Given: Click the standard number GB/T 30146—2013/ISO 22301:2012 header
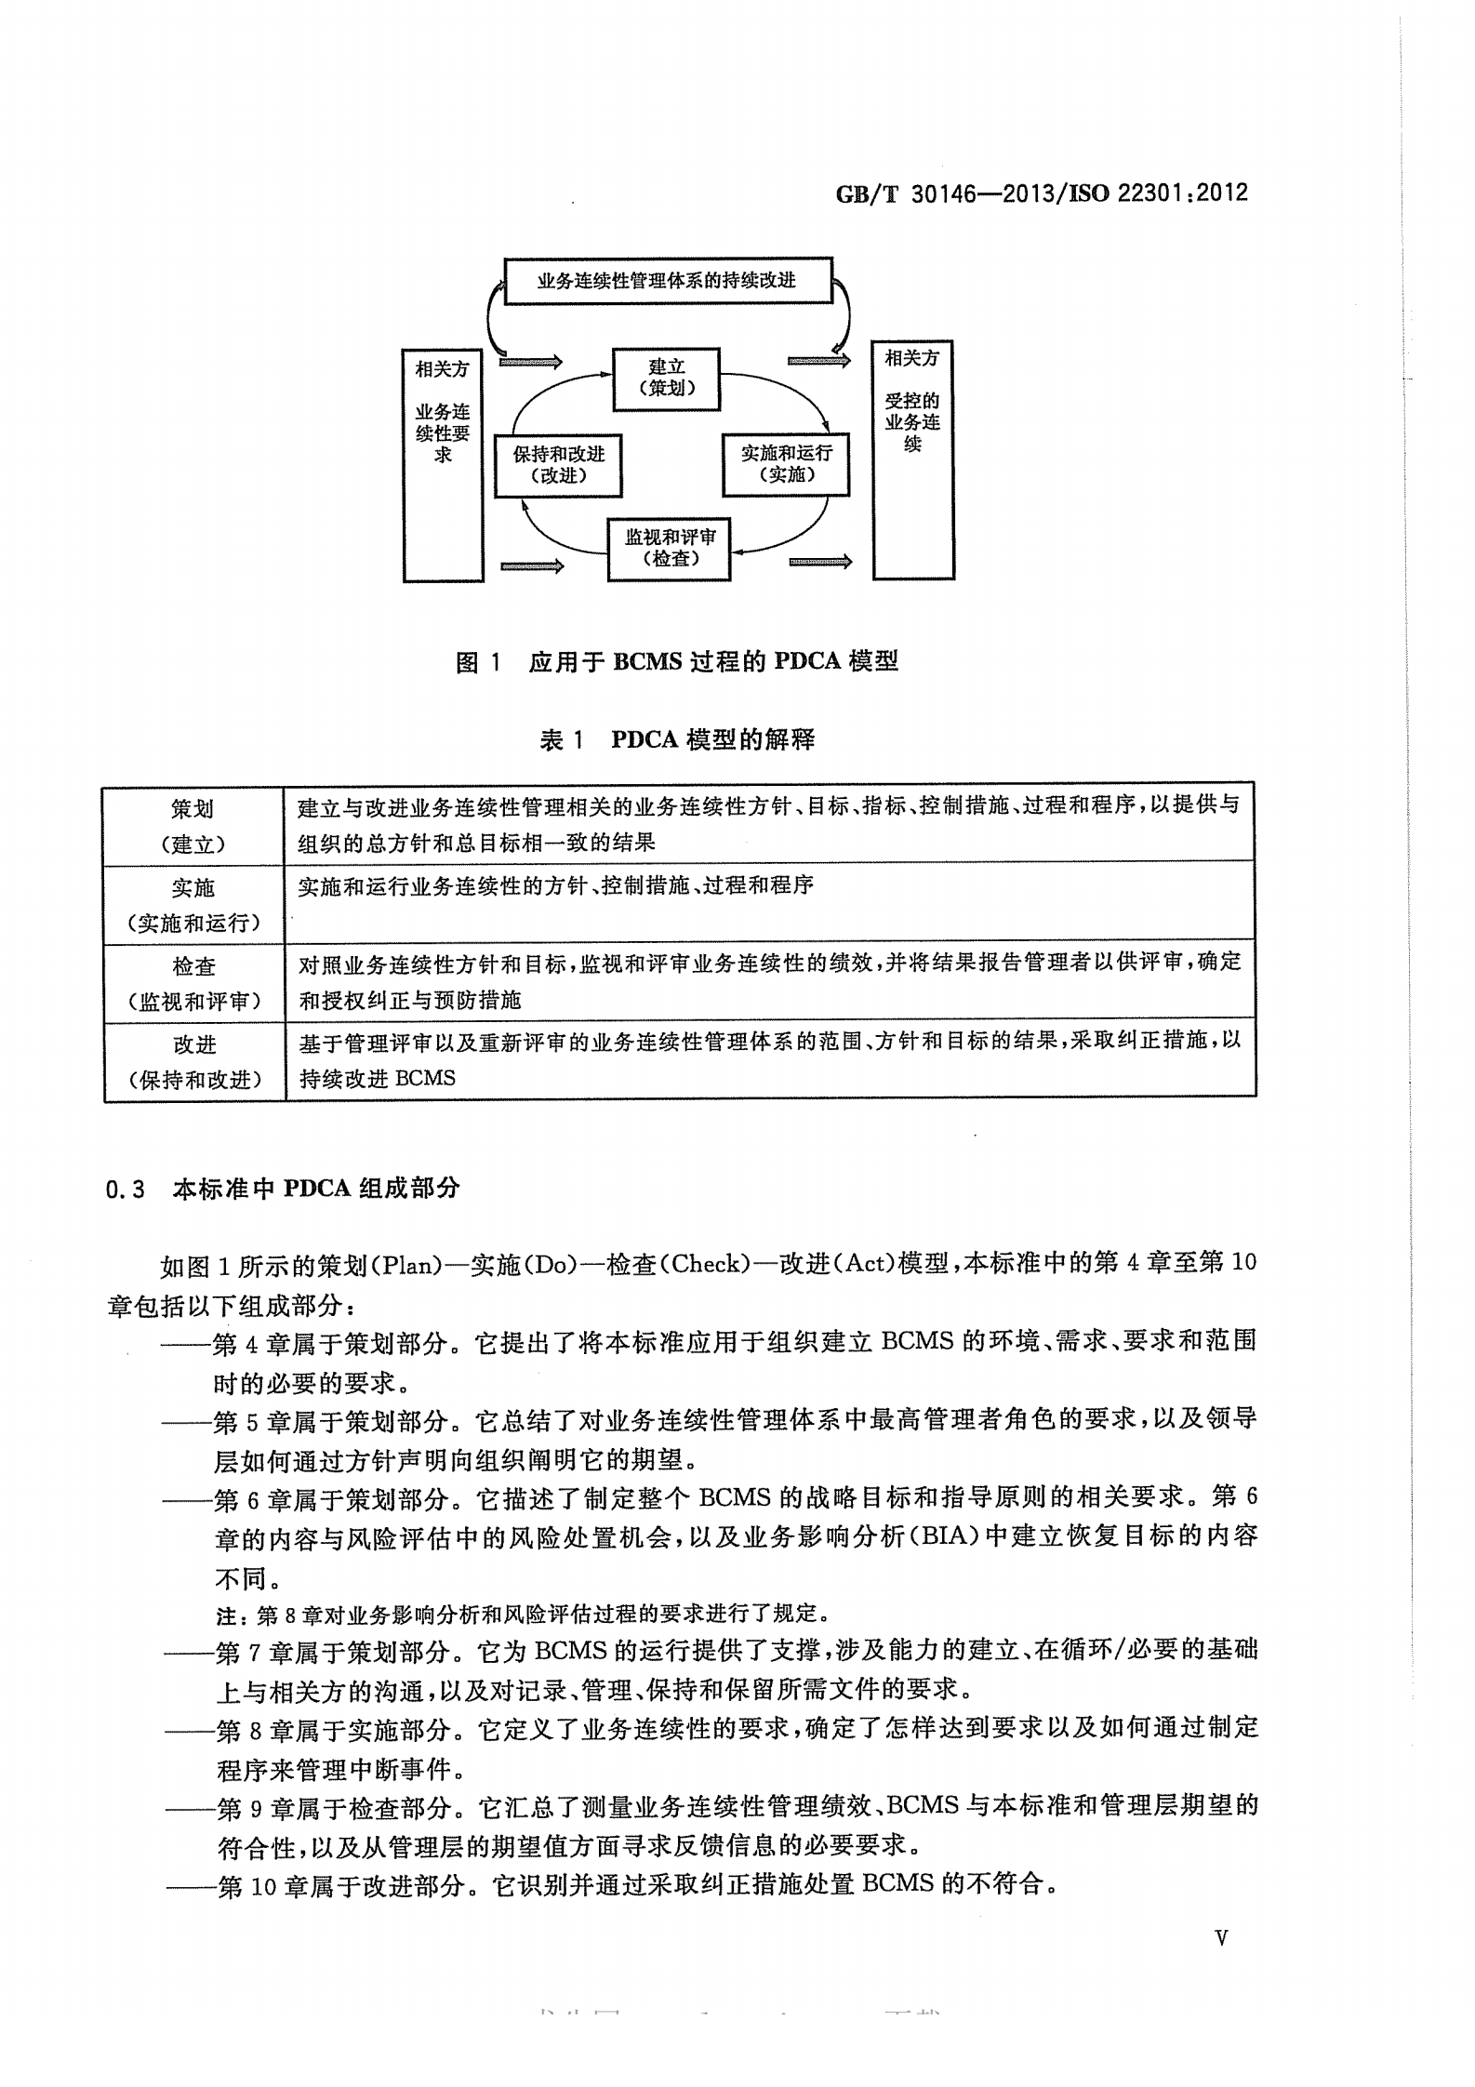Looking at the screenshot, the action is (1041, 193).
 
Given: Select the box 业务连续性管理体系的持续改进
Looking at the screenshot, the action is (667, 281).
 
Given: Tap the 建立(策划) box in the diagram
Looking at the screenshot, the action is (667, 379).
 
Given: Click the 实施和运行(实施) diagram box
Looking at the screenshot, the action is (786, 464).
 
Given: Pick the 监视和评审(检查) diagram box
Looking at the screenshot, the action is (670, 549).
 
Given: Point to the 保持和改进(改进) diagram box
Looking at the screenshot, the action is (558, 465).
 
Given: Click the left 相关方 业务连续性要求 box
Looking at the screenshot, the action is (443, 465).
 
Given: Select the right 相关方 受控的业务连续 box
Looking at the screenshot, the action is (912, 460).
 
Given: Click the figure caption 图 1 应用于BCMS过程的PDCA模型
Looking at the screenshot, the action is (676, 662).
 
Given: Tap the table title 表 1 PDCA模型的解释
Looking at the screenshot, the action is (676, 740).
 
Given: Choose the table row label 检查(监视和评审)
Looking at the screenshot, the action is (193, 983).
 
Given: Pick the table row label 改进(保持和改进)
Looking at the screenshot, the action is (193, 1061).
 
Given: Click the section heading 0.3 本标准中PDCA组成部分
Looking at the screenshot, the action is (283, 1189).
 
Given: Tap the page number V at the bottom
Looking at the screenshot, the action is (1221, 1938).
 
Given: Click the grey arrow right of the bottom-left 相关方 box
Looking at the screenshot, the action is (531, 565).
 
